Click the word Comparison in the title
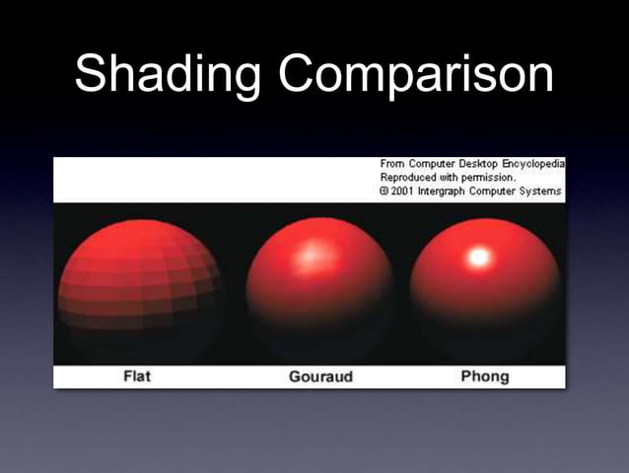[x=415, y=75]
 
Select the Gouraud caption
[x=320, y=377]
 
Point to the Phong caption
[x=485, y=377]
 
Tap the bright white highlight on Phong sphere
[x=480, y=258]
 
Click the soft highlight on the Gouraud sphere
[x=311, y=255]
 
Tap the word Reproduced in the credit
[x=407, y=177]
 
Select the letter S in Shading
[x=92, y=75]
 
